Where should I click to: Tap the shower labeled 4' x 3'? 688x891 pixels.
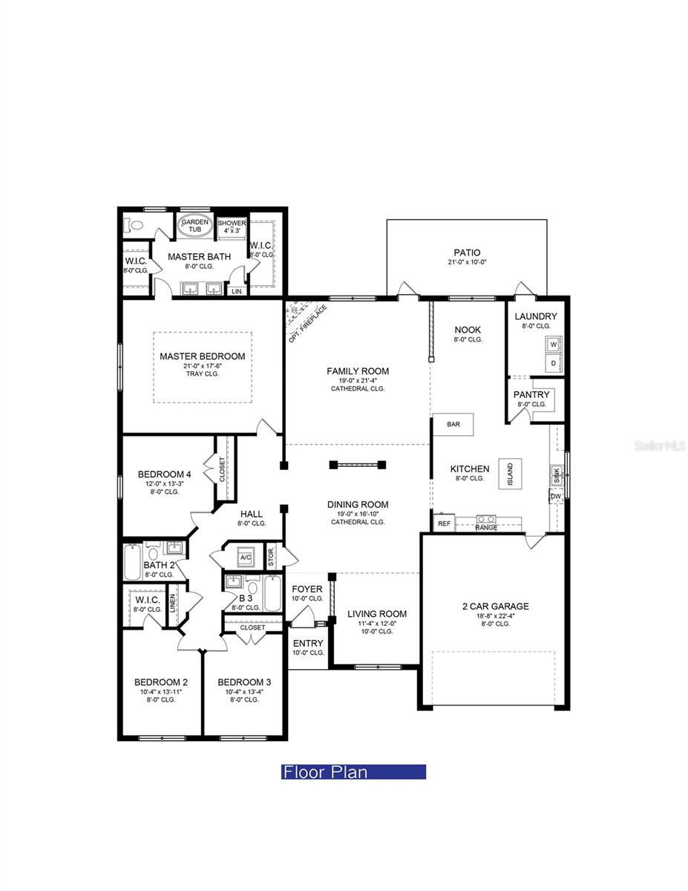232,226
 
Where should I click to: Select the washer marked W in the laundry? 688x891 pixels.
553,345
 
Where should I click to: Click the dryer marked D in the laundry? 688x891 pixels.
553,363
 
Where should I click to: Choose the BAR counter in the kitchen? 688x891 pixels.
453,424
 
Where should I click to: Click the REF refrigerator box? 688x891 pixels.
444,523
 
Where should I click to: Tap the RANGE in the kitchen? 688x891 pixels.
486,522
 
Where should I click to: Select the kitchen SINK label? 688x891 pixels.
555,474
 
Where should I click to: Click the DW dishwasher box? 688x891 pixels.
555,496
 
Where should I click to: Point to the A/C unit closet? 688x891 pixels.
246,558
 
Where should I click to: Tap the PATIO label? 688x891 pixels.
467,252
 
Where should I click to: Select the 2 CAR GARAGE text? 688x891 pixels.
495,606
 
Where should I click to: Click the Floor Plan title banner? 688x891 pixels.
353,772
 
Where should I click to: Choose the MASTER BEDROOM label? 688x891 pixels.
202,356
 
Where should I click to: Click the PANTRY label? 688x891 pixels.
531,394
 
